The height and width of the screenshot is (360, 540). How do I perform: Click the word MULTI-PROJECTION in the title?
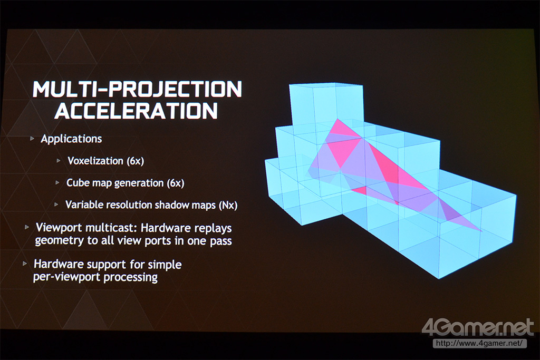(138, 89)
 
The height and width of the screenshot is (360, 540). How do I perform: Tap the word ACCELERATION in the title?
(137, 111)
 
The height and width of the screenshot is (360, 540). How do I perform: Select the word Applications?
(71, 139)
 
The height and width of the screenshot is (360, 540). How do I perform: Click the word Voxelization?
(95, 161)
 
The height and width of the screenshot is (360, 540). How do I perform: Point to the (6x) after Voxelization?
(136, 161)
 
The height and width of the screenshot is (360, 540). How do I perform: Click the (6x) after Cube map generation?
(175, 183)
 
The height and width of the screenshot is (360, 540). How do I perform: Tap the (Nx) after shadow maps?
(228, 205)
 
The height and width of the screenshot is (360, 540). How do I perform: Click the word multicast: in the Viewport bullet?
(112, 228)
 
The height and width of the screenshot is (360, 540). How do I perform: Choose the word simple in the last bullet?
(165, 265)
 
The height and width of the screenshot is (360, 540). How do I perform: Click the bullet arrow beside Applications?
(32, 139)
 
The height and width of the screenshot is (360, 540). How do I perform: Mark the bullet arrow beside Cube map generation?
(57, 183)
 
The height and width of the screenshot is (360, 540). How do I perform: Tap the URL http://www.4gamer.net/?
(479, 343)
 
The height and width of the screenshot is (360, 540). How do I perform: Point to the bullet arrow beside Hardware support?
(25, 264)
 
